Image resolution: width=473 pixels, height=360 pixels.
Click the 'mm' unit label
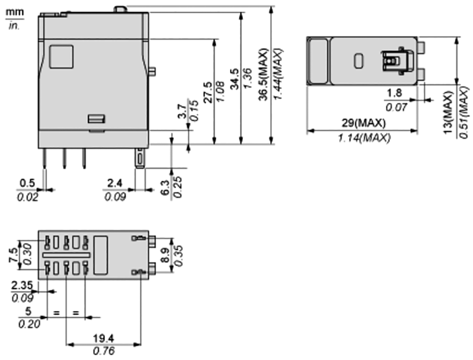[15, 12]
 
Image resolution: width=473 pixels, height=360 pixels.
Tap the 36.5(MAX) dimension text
[263, 74]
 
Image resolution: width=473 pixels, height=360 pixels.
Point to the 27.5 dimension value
[208, 92]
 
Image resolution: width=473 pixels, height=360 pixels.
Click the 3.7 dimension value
[182, 111]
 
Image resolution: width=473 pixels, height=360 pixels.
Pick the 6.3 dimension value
[166, 188]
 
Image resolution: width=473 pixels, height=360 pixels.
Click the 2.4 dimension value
[115, 183]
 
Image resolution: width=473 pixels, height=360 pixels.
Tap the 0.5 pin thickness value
[27, 183]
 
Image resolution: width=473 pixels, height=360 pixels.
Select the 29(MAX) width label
[363, 123]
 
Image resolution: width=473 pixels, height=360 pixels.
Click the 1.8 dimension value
[394, 93]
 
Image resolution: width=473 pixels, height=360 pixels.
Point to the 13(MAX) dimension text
[448, 112]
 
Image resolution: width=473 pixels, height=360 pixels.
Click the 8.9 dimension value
[166, 255]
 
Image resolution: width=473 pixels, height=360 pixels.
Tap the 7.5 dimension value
[14, 255]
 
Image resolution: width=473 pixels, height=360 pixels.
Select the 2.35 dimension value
[21, 286]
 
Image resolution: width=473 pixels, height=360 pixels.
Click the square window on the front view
[61, 57]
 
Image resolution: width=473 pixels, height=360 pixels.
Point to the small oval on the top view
[359, 61]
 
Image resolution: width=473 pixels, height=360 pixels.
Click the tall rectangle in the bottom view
[101, 255]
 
